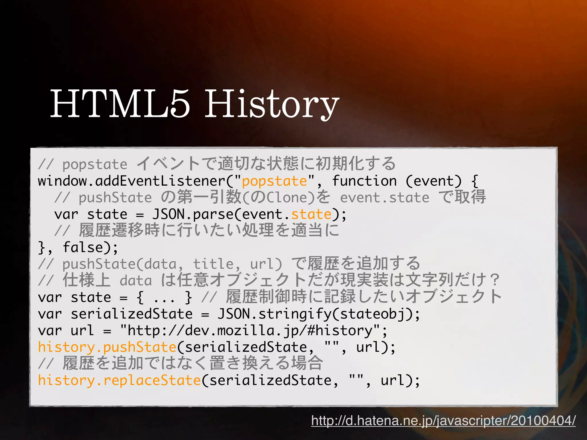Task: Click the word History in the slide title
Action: click(x=271, y=104)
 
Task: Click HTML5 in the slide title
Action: click(x=120, y=104)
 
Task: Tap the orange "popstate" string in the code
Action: click(x=274, y=181)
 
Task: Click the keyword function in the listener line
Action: click(x=364, y=181)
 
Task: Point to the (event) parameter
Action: click(x=434, y=181)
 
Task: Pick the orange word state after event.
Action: click(x=311, y=214)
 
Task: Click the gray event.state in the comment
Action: click(x=385, y=198)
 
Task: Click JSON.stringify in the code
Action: click(x=275, y=314)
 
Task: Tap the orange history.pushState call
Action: click(x=107, y=347)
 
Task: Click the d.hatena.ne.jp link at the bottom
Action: click(x=443, y=421)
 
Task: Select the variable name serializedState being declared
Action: click(x=132, y=314)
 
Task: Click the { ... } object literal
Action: click(x=164, y=297)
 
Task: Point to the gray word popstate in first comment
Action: click(x=95, y=164)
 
